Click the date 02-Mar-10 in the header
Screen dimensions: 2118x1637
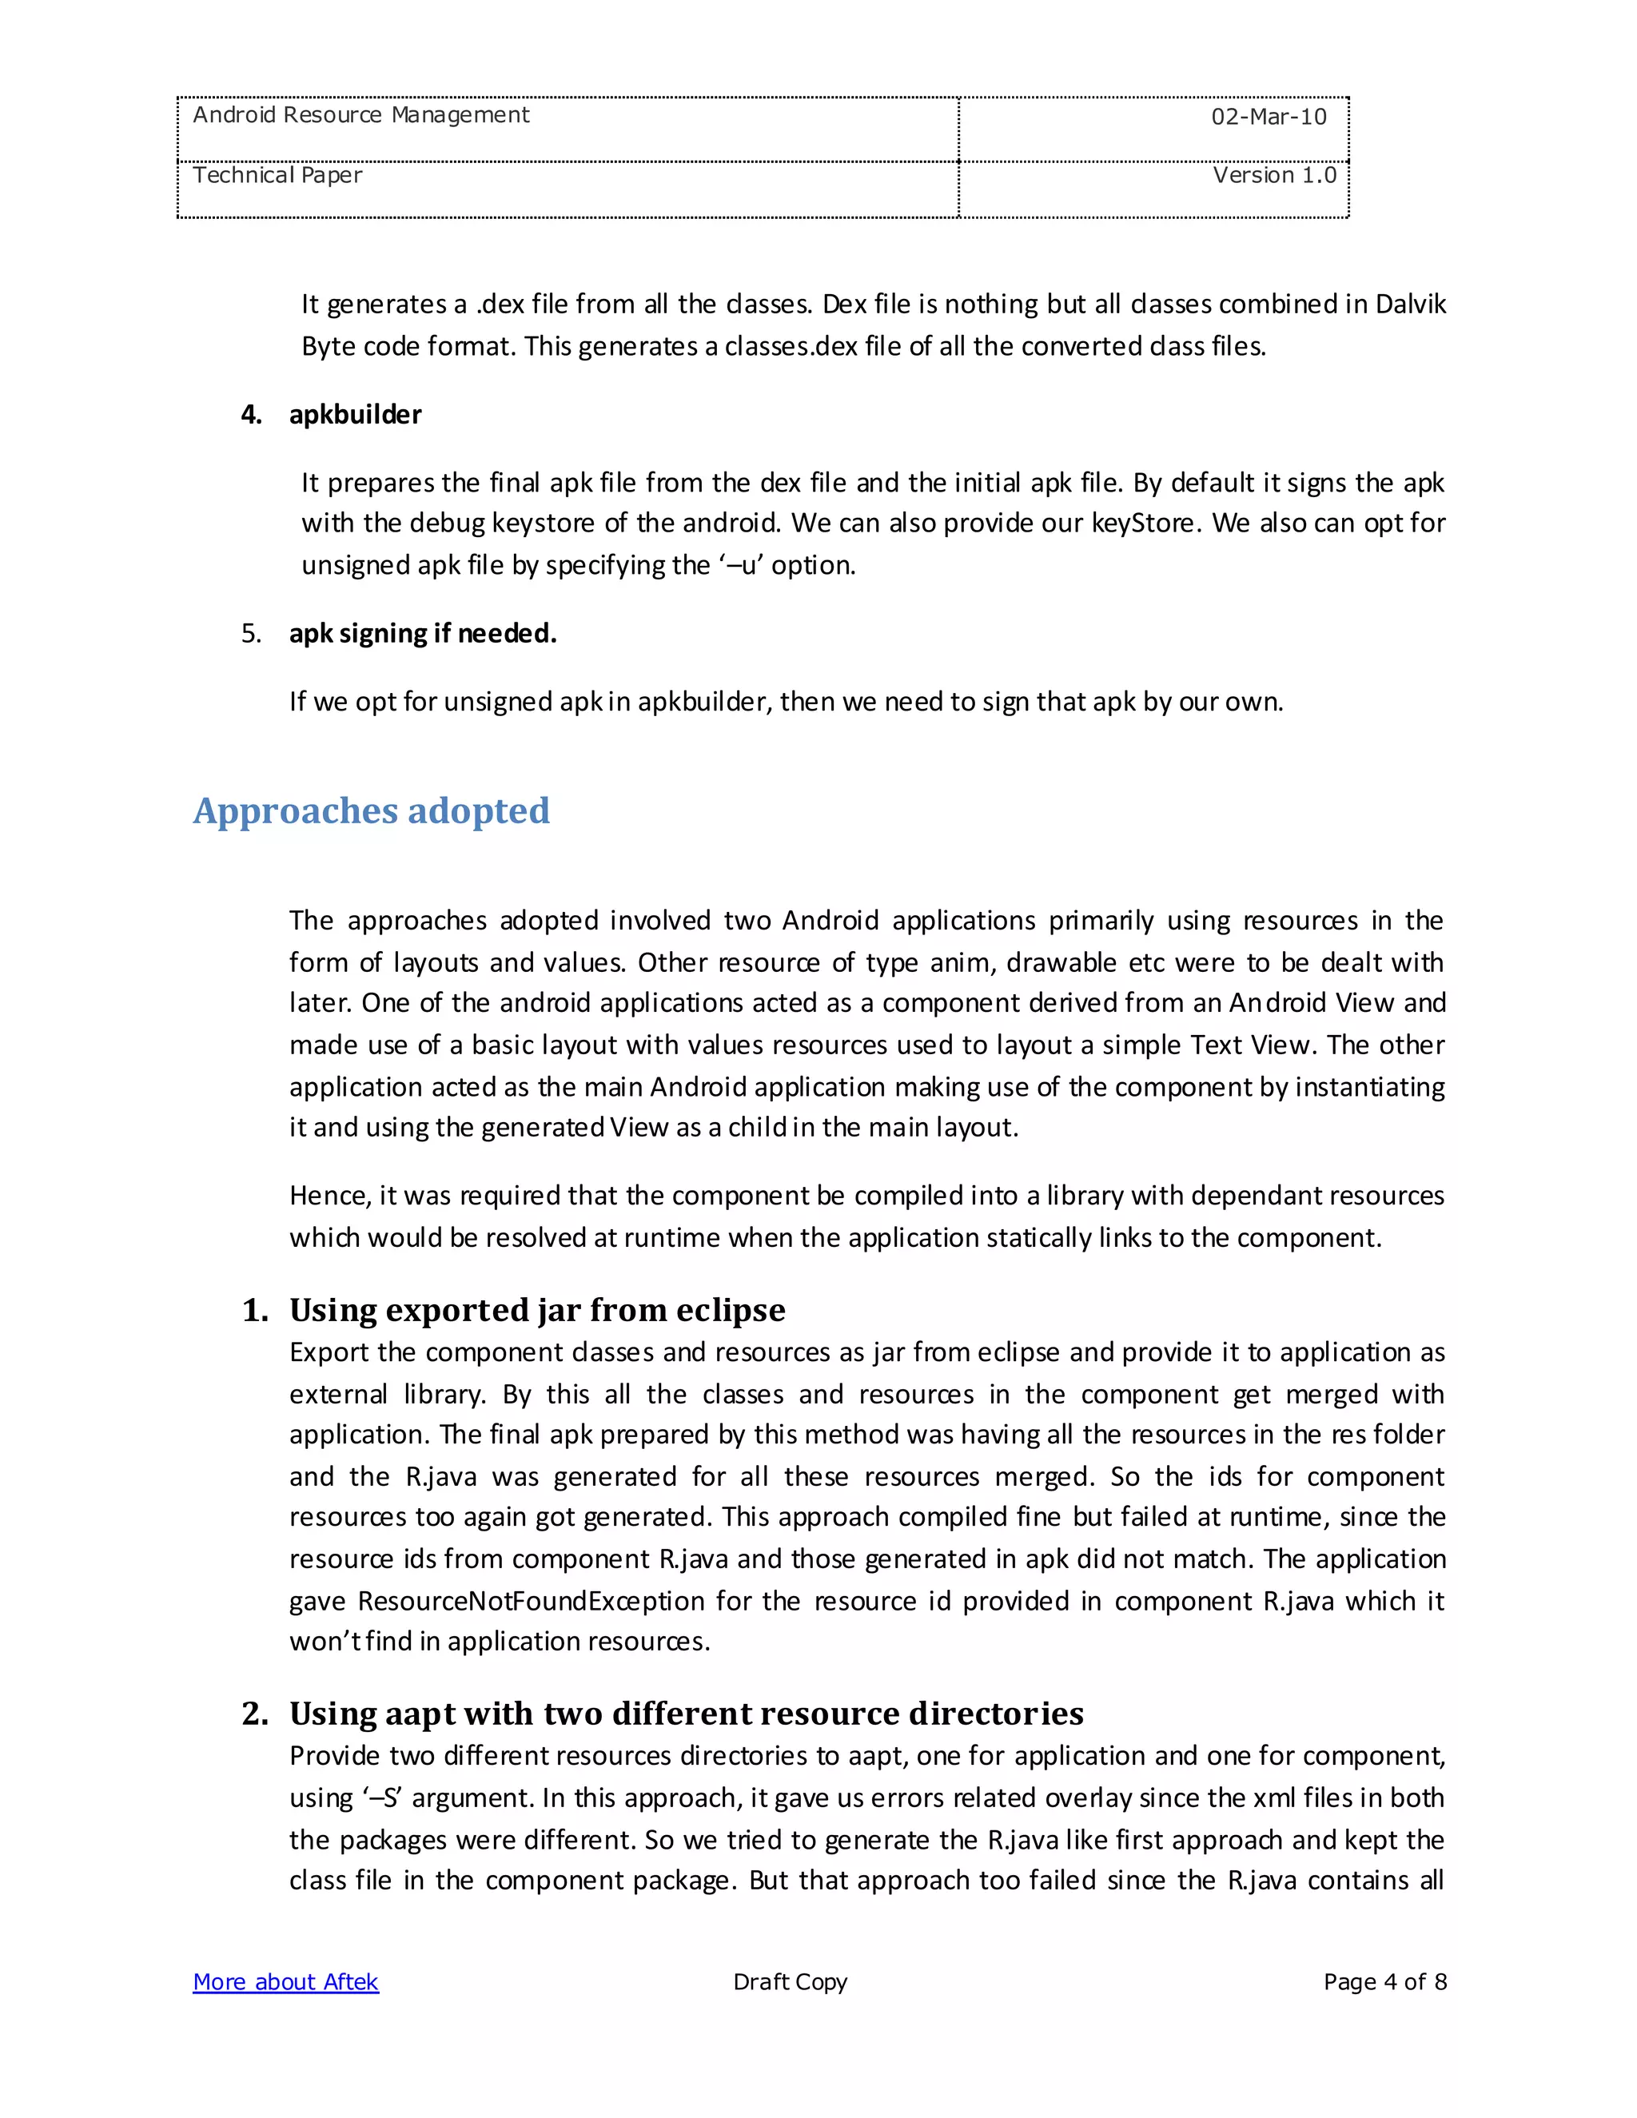1268,117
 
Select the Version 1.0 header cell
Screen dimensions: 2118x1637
1273,176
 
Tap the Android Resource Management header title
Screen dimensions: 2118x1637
360,115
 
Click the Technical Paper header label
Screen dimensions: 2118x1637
277,176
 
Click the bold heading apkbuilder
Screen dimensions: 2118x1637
355,415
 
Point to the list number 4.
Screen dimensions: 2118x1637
251,415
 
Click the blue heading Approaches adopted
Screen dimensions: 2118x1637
372,810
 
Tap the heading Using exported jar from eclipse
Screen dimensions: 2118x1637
537,1310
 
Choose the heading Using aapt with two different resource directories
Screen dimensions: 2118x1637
686,1714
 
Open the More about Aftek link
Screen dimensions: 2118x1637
285,1982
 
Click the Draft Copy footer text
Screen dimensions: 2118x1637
790,1982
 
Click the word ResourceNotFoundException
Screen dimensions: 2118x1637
531,1601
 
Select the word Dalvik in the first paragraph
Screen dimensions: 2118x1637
1410,305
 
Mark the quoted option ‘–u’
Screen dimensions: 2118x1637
740,565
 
